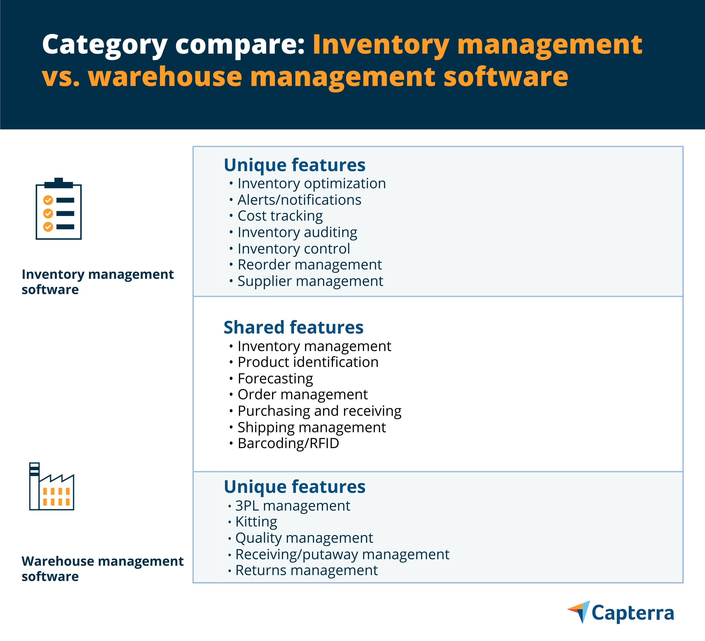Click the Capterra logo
click(x=620, y=613)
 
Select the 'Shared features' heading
click(x=293, y=327)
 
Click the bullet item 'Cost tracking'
click(x=280, y=216)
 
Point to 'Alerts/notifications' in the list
click(x=299, y=200)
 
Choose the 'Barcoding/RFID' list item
click(x=288, y=443)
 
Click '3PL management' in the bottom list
click(x=293, y=506)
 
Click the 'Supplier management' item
click(x=311, y=281)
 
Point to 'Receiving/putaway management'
click(x=342, y=555)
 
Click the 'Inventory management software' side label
click(x=98, y=282)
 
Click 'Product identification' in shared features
click(x=308, y=362)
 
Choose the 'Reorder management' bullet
click(x=310, y=265)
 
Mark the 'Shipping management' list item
click(x=312, y=428)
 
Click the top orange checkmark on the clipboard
click(x=48, y=200)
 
